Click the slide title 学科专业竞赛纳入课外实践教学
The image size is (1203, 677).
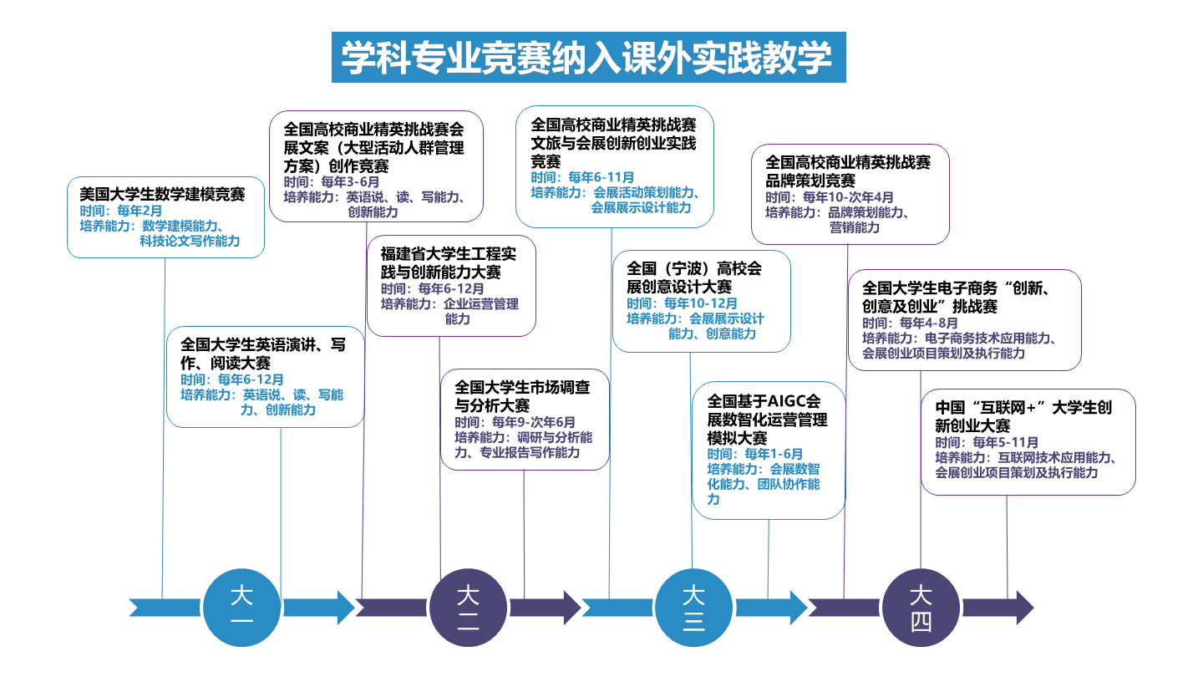(587, 58)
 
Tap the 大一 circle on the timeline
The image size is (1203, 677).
(242, 607)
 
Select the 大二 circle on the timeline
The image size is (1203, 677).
(468, 607)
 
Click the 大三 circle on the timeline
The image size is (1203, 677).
(693, 607)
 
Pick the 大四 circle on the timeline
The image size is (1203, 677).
(921, 607)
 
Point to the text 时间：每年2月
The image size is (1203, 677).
(121, 211)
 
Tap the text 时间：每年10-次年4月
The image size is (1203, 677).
(830, 197)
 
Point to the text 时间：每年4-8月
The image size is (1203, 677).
(910, 323)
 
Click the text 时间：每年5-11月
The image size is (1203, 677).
(987, 442)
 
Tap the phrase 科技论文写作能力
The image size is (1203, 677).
(190, 242)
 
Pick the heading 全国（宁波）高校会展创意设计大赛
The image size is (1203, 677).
(694, 277)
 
